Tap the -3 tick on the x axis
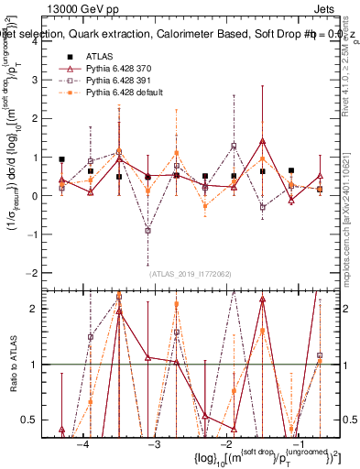(153, 443)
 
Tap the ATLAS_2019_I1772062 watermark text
(190, 273)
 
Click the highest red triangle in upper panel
(262, 141)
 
